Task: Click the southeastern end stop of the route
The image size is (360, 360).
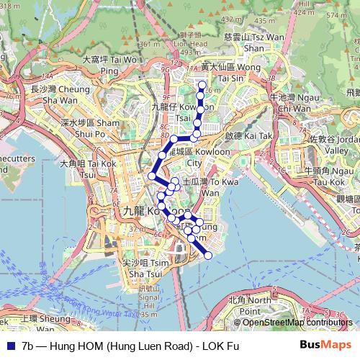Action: (209, 255)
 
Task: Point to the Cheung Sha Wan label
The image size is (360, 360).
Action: (56, 95)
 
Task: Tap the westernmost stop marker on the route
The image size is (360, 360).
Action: (152, 176)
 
